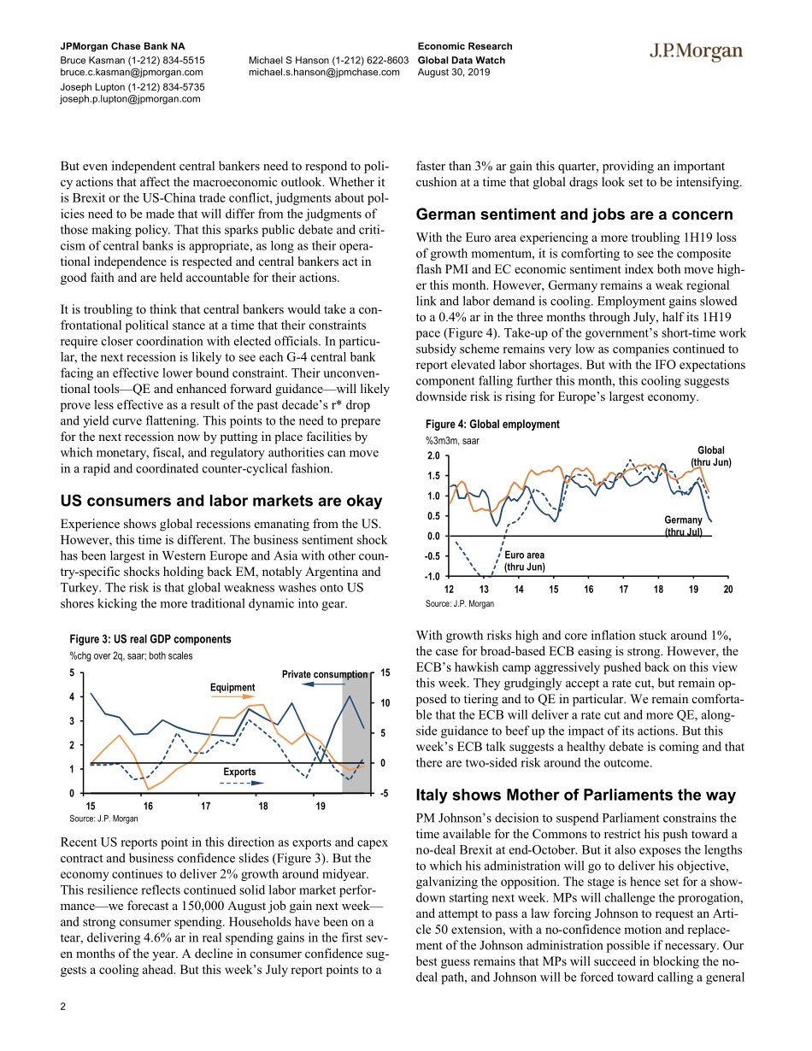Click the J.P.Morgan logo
(694, 52)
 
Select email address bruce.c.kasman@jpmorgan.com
(131, 73)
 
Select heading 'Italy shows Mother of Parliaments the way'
(575, 795)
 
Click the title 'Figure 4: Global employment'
(491, 425)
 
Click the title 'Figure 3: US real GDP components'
(150, 639)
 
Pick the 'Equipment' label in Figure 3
(232, 688)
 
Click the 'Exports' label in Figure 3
(239, 772)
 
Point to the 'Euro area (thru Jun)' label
(524, 561)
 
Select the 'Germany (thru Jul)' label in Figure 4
(683, 526)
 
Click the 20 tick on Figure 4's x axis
(727, 590)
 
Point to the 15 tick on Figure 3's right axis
(385, 673)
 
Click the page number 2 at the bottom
(62, 1006)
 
